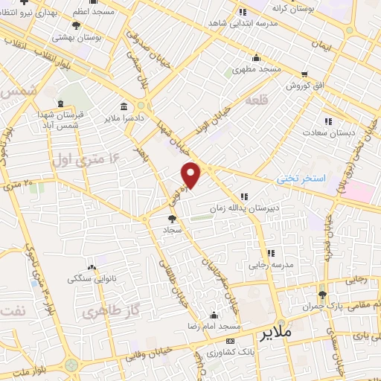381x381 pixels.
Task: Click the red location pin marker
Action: point(192,174)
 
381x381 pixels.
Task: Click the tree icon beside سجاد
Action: point(173,219)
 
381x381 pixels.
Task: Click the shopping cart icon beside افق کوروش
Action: point(305,74)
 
